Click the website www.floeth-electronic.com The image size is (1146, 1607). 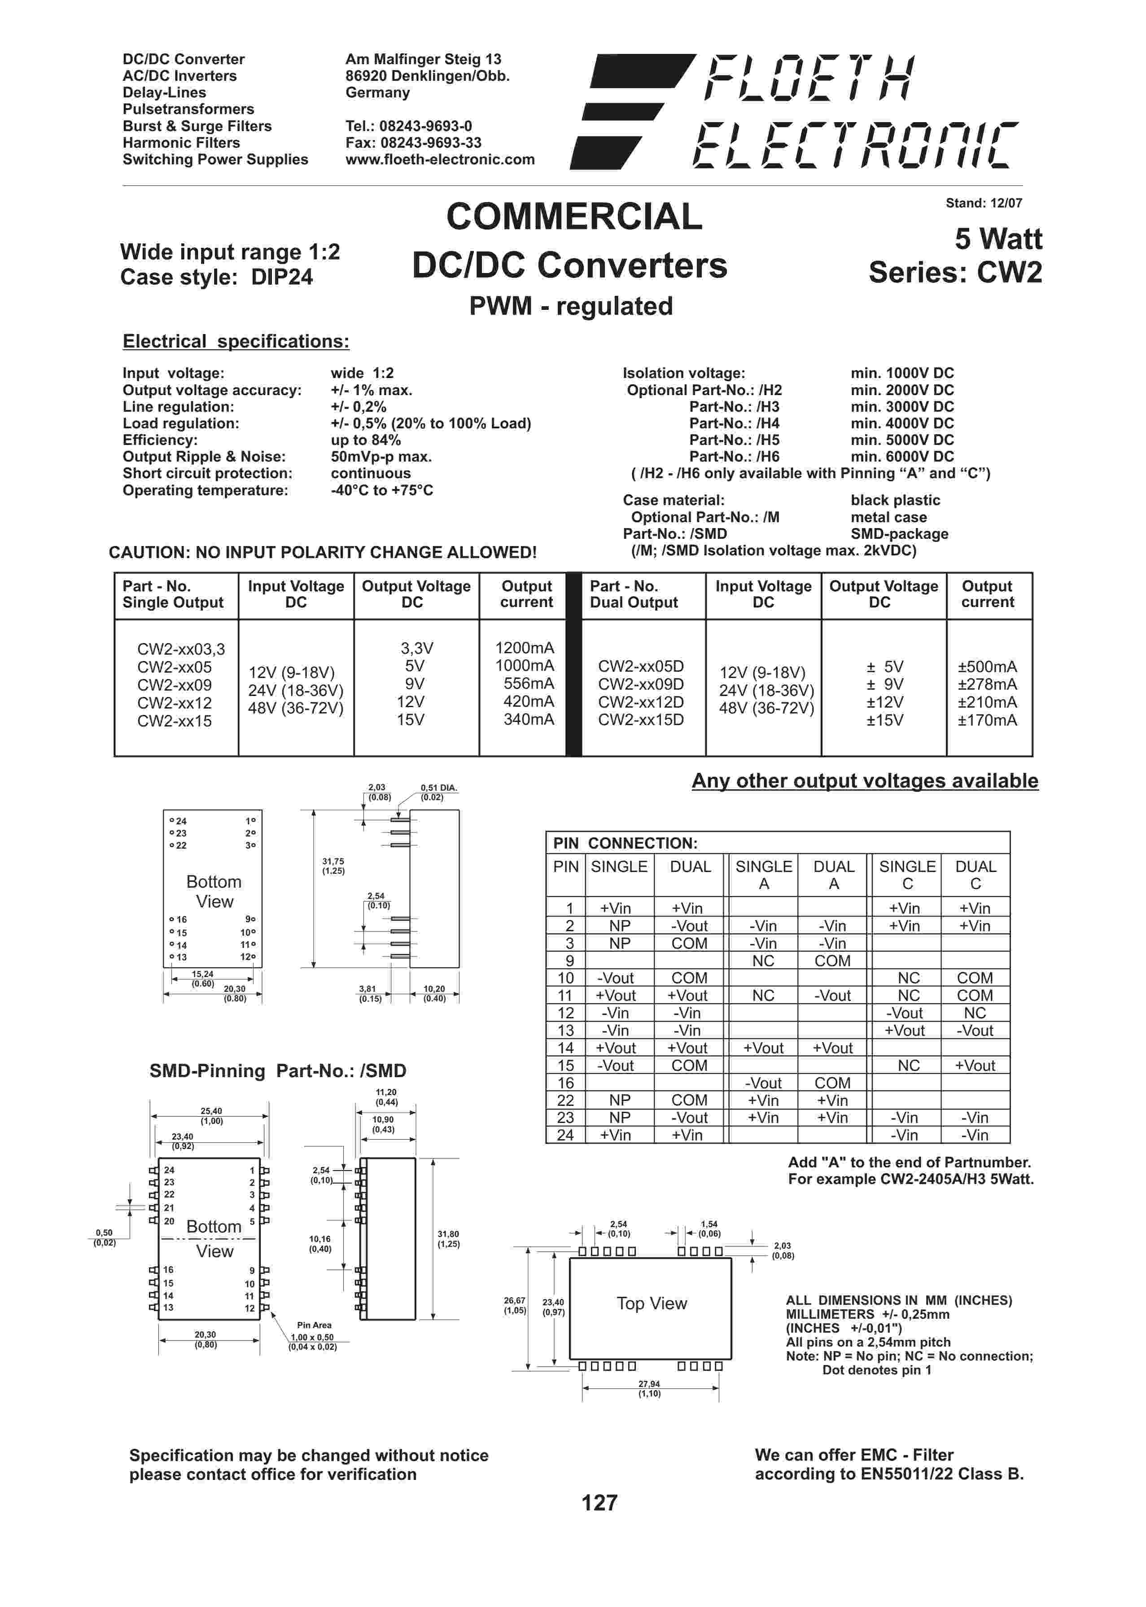coord(440,159)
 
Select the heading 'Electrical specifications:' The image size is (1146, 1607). coord(236,342)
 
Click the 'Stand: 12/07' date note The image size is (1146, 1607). coord(984,203)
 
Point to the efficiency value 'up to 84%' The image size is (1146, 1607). coord(366,440)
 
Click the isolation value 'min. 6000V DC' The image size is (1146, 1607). coord(902,457)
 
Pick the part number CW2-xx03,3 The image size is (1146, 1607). coord(181,649)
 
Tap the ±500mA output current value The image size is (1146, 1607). coord(987,666)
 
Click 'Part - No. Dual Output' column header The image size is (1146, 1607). coord(633,594)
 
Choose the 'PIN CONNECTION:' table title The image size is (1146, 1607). coord(625,843)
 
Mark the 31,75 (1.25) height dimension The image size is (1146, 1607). coord(333,866)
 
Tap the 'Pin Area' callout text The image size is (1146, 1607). coord(314,1325)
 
